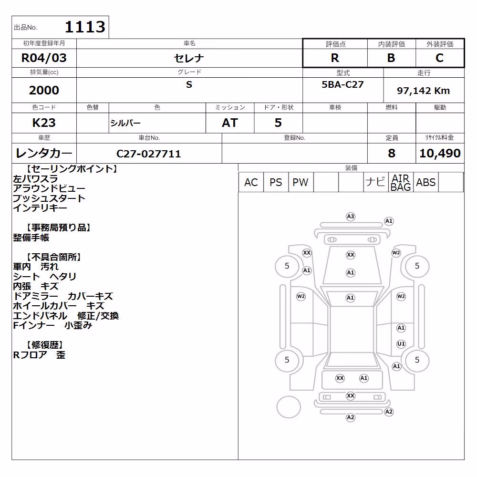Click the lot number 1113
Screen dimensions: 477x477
(85, 27)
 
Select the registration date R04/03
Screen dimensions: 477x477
(44, 58)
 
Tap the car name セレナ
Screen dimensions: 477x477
(189, 58)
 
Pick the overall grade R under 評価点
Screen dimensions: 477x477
(335, 58)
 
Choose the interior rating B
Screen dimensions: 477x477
(391, 58)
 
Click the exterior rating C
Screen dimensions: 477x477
(440, 58)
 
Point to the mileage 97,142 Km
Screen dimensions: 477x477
(423, 90)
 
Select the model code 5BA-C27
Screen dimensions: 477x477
(342, 84)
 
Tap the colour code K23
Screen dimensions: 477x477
(44, 123)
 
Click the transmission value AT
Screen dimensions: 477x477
(230, 123)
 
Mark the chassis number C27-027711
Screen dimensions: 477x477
(149, 154)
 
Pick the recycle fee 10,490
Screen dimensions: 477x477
(440, 153)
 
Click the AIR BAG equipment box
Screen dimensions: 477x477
(401, 182)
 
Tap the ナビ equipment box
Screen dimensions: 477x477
(376, 182)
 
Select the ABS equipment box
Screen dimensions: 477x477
(425, 182)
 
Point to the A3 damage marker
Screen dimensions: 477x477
(351, 217)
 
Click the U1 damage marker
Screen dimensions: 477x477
(401, 344)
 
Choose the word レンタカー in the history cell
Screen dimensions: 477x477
(44, 153)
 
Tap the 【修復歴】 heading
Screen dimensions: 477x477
(44, 345)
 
